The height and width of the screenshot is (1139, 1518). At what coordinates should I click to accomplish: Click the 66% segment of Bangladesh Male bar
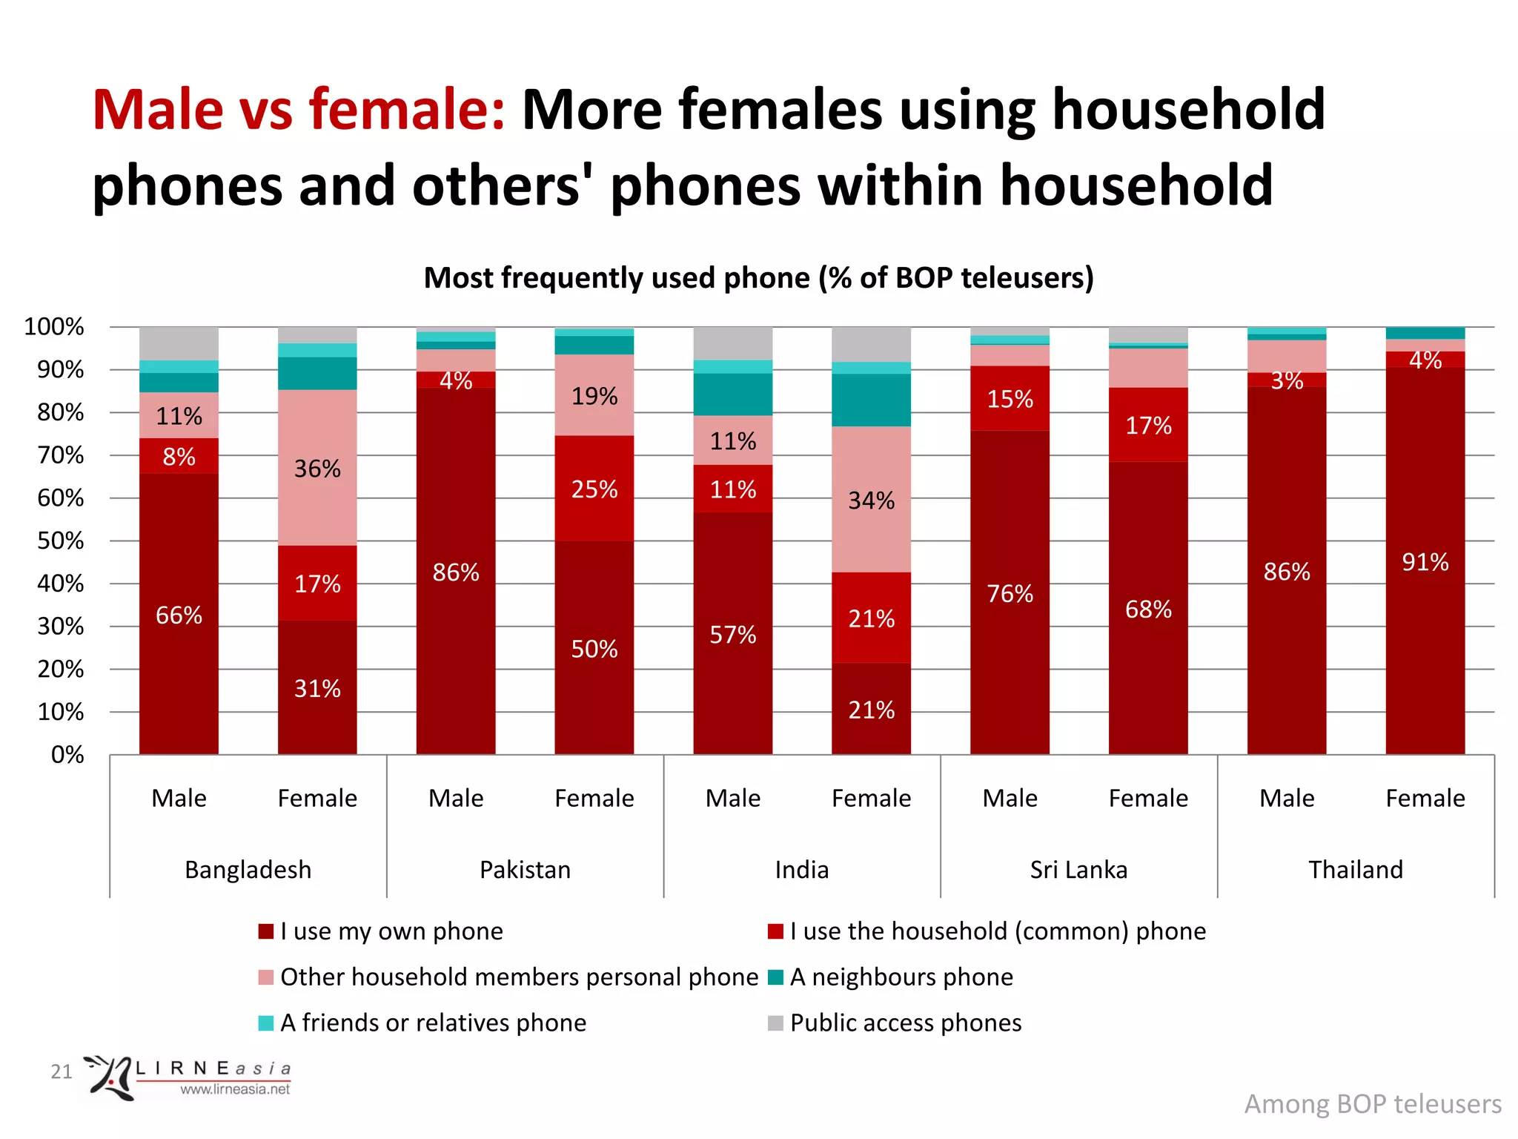pyautogui.click(x=179, y=615)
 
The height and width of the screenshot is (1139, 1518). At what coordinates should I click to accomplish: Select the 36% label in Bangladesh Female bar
pyautogui.click(x=317, y=469)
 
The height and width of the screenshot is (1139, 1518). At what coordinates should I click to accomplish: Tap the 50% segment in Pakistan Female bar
pyautogui.click(x=594, y=649)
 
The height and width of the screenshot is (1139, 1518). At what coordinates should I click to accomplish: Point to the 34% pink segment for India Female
pyautogui.click(x=871, y=500)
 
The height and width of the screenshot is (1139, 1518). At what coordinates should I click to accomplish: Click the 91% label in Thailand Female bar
pyautogui.click(x=1425, y=562)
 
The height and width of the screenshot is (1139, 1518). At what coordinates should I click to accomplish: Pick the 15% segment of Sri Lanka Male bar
pyautogui.click(x=1010, y=399)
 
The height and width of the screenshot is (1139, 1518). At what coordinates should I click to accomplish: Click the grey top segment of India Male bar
pyautogui.click(x=732, y=343)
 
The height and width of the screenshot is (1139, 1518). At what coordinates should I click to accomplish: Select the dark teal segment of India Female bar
pyautogui.click(x=871, y=400)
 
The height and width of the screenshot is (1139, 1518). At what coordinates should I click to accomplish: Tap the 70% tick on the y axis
pyautogui.click(x=61, y=455)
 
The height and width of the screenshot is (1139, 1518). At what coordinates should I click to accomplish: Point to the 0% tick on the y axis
pyautogui.click(x=67, y=755)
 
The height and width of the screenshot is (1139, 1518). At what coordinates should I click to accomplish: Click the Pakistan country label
pyautogui.click(x=525, y=869)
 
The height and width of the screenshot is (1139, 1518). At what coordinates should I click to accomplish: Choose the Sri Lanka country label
pyautogui.click(x=1078, y=869)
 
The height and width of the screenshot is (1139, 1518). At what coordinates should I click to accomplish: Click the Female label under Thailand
pyautogui.click(x=1425, y=798)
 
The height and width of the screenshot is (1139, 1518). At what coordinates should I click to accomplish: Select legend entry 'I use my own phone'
pyautogui.click(x=391, y=931)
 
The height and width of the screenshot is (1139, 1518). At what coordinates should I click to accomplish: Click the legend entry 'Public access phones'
pyautogui.click(x=905, y=1023)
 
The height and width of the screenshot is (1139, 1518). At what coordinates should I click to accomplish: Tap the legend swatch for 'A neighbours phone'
pyautogui.click(x=775, y=977)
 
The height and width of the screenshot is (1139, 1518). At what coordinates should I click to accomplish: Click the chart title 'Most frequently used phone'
pyautogui.click(x=758, y=277)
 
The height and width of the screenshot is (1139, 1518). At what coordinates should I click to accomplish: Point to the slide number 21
pyautogui.click(x=61, y=1071)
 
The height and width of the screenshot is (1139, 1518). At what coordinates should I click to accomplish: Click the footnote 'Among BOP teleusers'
pyautogui.click(x=1372, y=1103)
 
